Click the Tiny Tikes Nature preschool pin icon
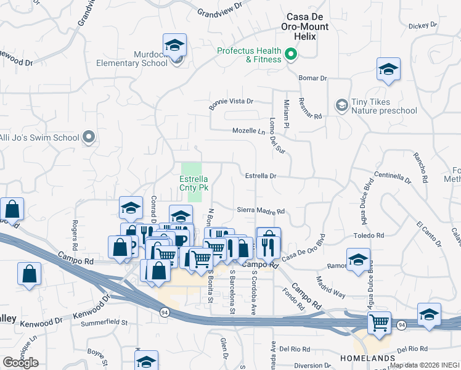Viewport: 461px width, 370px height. [x=341, y=106]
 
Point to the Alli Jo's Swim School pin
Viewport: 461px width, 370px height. [x=89, y=138]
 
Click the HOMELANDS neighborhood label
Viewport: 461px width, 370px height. [x=367, y=358]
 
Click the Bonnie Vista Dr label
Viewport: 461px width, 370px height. [x=231, y=102]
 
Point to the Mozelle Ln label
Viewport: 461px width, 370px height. [x=248, y=131]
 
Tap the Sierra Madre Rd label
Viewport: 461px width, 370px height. [x=261, y=211]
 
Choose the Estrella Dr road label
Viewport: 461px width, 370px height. [x=261, y=176]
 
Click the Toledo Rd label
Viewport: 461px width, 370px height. [x=369, y=236]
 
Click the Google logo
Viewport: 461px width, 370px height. [x=20, y=362]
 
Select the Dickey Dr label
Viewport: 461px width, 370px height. [x=423, y=26]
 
